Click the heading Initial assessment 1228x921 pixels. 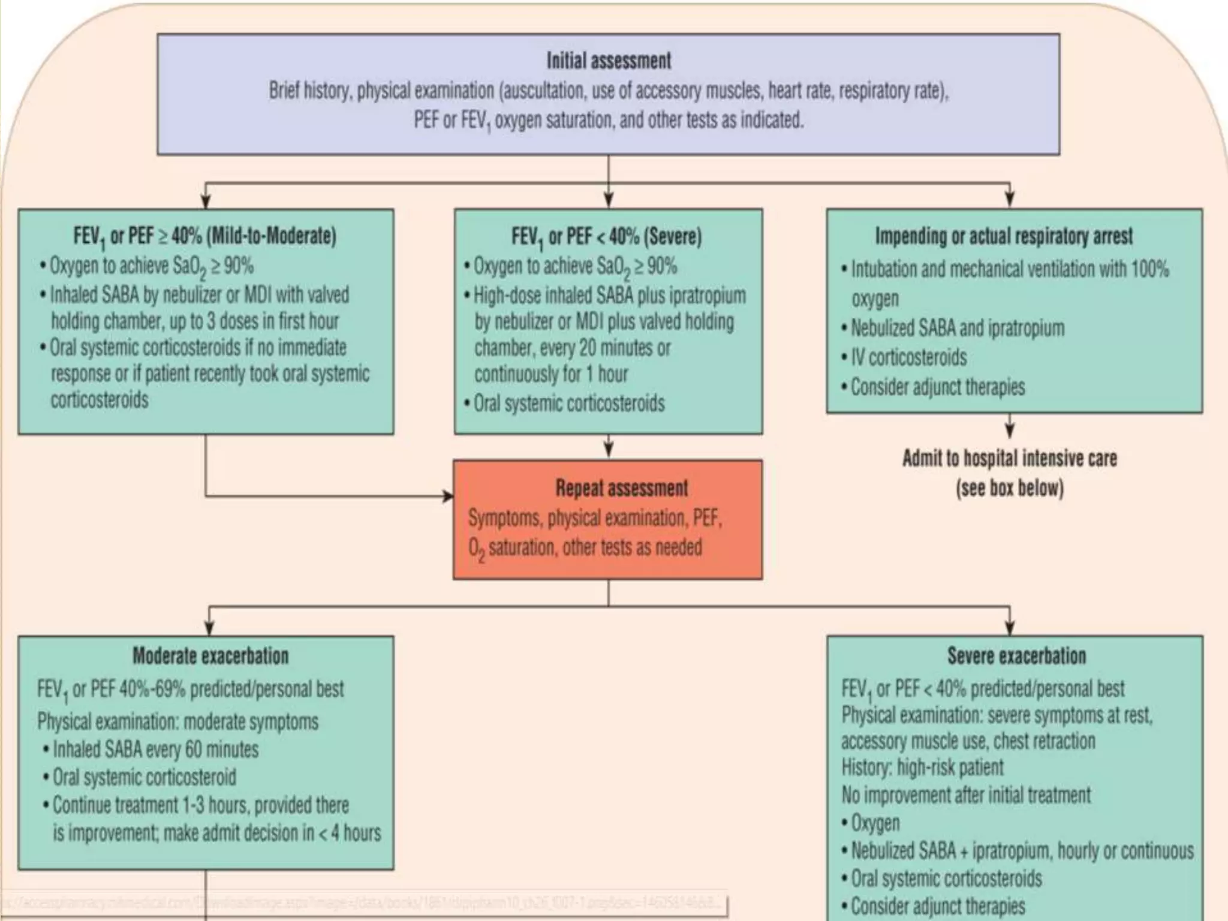click(608, 61)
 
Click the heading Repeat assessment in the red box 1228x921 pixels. click(621, 488)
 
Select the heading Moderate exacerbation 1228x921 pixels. click(210, 656)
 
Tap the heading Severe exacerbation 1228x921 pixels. click(1016, 656)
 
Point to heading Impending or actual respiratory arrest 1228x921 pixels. click(1004, 236)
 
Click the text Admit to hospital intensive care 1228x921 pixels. click(1010, 459)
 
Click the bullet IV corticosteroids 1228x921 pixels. click(908, 357)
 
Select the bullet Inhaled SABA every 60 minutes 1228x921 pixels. click(155, 750)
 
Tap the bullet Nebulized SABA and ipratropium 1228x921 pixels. click(958, 328)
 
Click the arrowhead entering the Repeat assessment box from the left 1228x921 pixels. click(448, 496)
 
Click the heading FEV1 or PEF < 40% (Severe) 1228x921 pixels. click(606, 236)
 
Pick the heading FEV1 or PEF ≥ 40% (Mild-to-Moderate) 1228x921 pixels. click(204, 236)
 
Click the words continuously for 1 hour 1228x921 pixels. click(551, 374)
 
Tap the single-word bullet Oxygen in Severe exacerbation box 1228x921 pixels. click(875, 823)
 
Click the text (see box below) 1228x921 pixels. click(1010, 488)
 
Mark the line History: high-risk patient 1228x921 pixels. click(922, 767)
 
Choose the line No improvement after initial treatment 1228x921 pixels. click(966, 795)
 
